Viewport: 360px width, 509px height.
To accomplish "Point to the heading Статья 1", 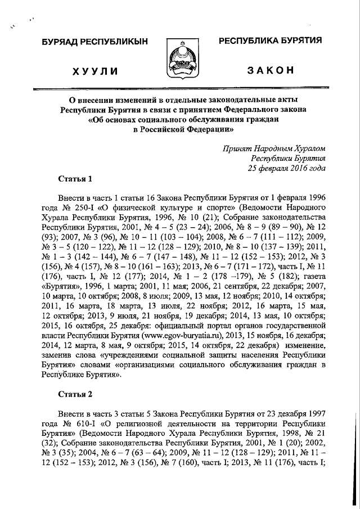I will click(75, 179).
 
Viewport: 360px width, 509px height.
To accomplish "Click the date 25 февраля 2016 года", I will click(287, 168).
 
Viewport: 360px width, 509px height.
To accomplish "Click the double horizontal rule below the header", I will click(180, 88).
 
